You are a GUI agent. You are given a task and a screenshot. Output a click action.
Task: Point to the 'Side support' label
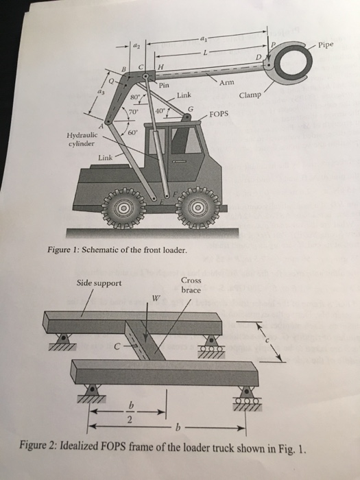[x=99, y=283]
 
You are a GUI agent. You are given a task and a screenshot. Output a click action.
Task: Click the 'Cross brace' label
[x=191, y=285]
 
